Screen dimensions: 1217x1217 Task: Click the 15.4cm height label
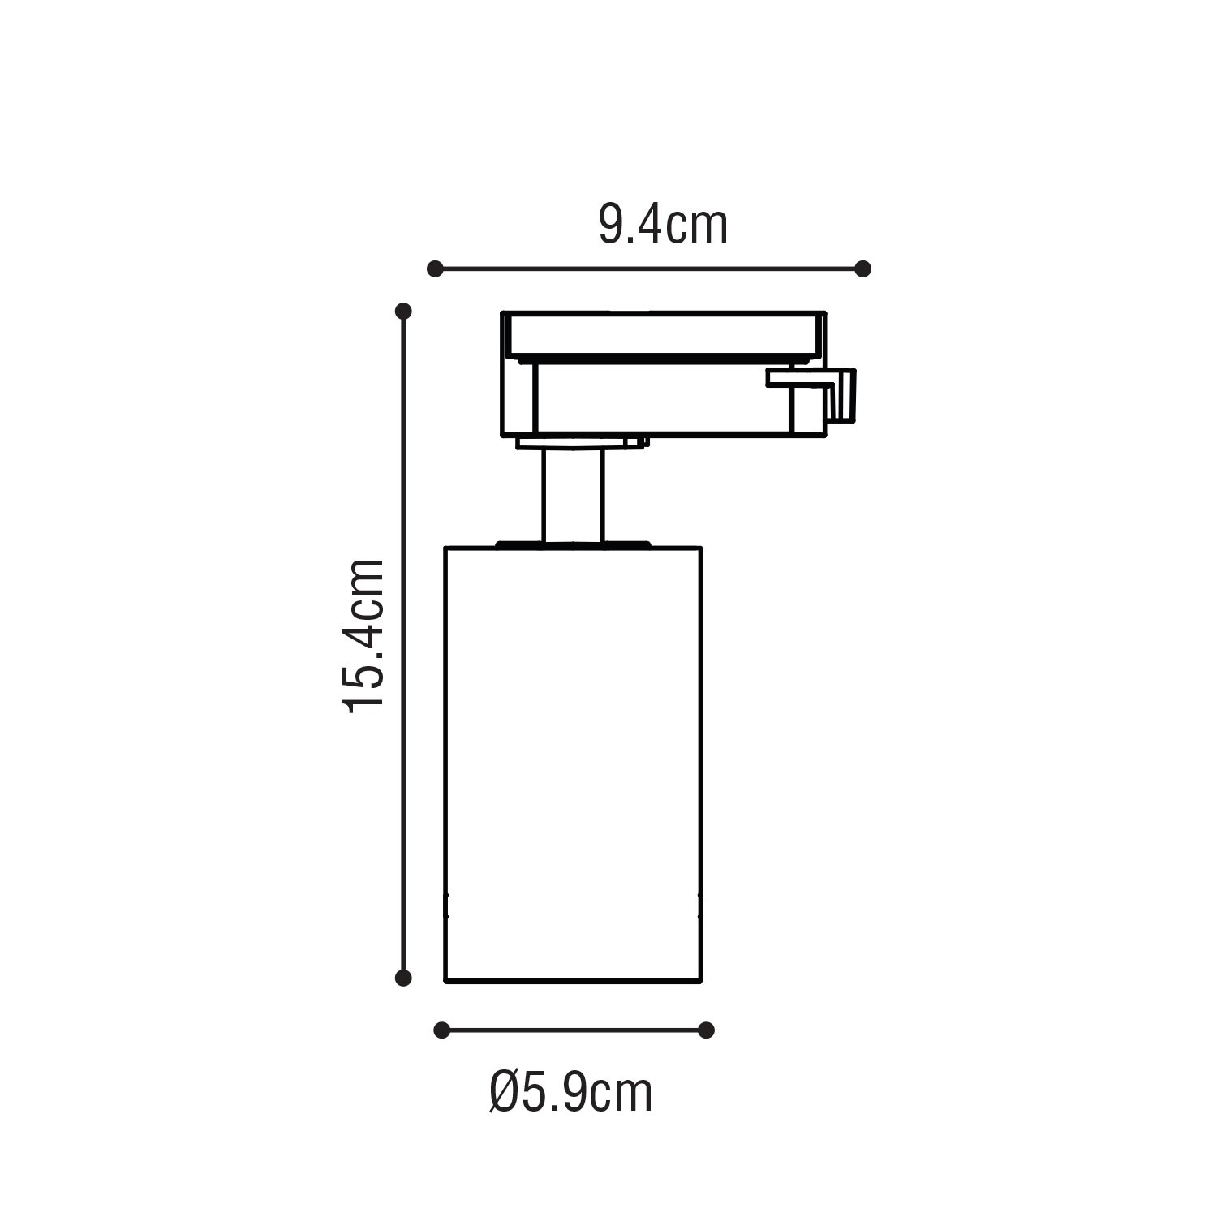363,636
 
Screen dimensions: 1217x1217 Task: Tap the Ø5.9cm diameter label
571,1092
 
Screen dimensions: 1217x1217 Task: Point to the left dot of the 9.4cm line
435,268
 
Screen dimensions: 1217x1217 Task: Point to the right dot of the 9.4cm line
863,268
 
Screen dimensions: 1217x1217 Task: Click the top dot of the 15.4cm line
403,311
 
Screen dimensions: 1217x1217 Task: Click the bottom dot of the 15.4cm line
403,978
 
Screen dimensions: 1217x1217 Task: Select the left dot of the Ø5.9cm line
441,1030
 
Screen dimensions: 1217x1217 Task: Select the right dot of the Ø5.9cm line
706,1030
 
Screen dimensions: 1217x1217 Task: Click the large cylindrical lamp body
573,764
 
